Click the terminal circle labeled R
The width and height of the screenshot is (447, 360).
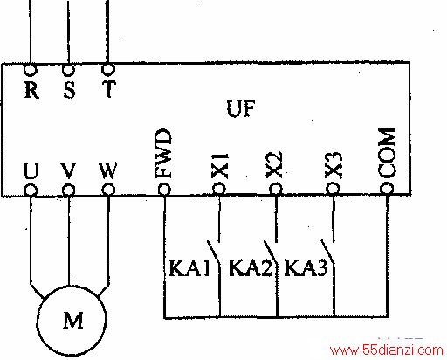click(31, 70)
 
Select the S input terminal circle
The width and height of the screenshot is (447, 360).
click(68, 70)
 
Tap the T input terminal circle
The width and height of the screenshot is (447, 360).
click(108, 69)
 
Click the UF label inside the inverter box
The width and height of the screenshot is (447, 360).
click(241, 108)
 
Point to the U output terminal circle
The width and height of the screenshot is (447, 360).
click(31, 190)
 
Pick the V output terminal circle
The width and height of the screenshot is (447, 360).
click(68, 190)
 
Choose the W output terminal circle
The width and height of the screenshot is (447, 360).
click(108, 190)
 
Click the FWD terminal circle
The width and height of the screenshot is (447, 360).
click(164, 190)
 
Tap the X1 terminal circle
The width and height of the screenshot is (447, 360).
click(219, 189)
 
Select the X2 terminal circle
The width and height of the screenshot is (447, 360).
click(276, 189)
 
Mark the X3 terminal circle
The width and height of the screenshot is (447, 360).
click(333, 189)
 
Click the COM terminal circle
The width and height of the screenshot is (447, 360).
click(387, 188)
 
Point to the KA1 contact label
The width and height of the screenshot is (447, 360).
click(189, 268)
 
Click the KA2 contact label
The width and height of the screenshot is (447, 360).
click(251, 268)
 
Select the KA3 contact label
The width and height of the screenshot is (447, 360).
click(306, 267)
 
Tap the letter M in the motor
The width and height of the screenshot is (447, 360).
click(73, 320)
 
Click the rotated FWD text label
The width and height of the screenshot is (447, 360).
click(163, 154)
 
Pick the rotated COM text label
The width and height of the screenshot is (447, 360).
click(387, 153)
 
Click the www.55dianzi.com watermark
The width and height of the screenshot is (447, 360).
click(386, 350)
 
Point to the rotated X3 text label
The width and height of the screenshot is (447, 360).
click(334, 165)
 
